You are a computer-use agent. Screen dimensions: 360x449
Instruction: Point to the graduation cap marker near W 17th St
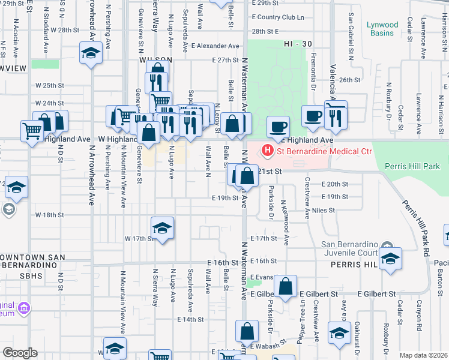(162, 229)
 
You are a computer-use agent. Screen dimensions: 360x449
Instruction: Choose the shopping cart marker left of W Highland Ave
(32, 130)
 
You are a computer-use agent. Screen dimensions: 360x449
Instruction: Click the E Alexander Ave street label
(215, 46)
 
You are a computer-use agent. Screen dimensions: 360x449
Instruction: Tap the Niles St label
(323, 211)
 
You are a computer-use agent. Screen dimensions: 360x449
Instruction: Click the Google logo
(20, 353)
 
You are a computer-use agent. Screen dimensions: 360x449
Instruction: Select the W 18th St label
(49, 215)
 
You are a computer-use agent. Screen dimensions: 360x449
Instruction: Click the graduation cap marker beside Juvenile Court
(390, 259)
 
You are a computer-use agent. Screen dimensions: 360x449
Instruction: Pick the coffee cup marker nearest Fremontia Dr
(312, 115)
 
